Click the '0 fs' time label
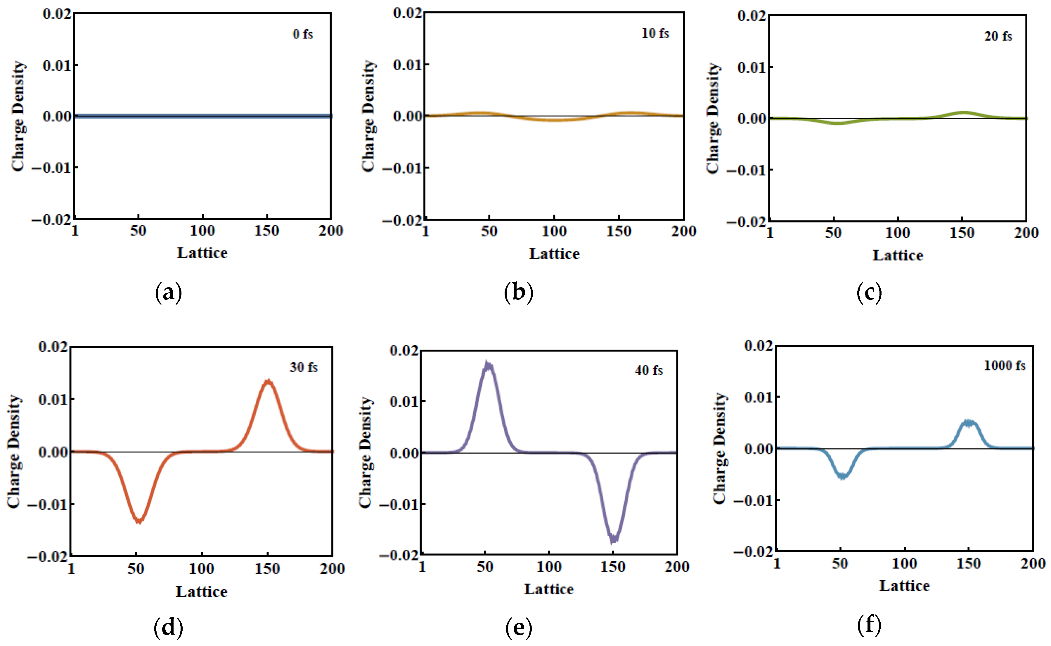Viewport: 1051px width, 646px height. coord(303,34)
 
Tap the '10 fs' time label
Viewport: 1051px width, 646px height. coord(655,33)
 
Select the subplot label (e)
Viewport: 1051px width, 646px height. coord(519,628)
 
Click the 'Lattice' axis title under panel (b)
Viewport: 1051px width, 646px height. coord(554,254)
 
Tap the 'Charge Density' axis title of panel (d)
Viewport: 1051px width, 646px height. coord(14,451)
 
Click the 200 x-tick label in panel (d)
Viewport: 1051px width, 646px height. coord(332,569)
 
